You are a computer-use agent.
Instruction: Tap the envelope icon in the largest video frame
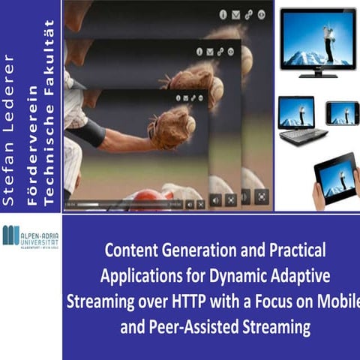[234, 13]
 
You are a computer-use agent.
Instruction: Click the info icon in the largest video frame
[222, 13]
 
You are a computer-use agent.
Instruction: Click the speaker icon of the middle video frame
[216, 200]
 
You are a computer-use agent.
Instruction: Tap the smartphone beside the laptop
[342, 112]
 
